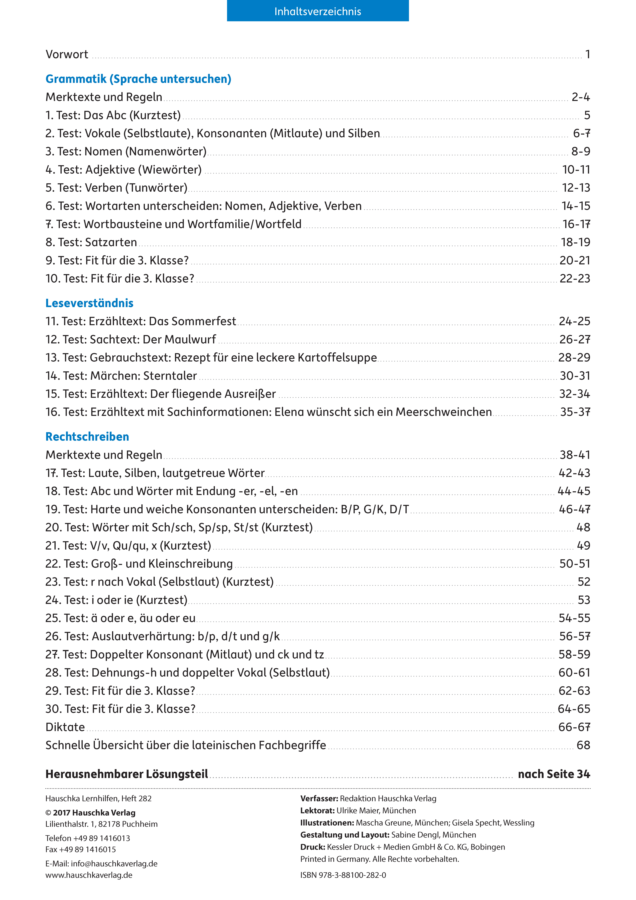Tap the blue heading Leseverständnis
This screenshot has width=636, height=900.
[x=89, y=303]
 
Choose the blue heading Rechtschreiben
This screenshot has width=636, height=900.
[x=87, y=437]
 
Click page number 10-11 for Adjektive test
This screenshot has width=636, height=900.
[x=576, y=170]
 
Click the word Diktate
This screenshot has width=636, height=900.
[x=65, y=727]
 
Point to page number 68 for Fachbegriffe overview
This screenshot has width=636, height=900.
[x=583, y=745]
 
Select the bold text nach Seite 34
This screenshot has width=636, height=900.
[x=554, y=774]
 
